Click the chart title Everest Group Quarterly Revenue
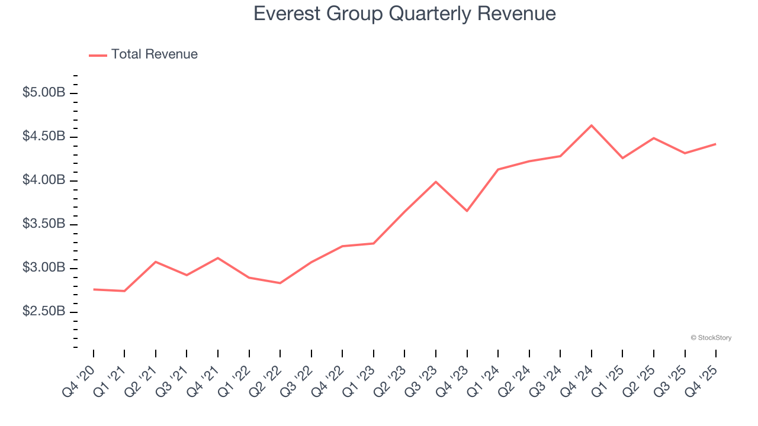pos(404,14)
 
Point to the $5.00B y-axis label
pos(44,93)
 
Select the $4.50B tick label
pos(44,137)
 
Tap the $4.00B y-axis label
pos(44,180)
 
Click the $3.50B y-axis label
pos(44,224)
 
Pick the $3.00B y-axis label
pos(44,268)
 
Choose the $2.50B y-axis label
pos(44,312)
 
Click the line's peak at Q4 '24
pos(592,125)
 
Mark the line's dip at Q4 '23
pos(467,211)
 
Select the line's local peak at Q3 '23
pos(436,182)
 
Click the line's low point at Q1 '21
pos(124,291)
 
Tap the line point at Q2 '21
pos(156,262)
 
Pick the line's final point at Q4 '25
pos(716,144)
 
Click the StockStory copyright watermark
pos(711,338)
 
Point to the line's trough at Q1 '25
pos(622,158)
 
